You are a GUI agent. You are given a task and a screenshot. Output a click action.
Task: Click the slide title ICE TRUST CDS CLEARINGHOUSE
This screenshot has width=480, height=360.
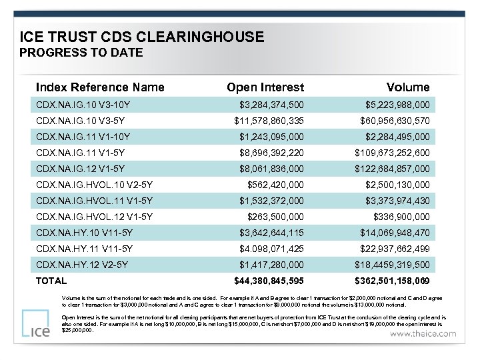(142, 37)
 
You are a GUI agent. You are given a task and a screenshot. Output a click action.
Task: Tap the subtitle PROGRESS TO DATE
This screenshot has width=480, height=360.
(81, 53)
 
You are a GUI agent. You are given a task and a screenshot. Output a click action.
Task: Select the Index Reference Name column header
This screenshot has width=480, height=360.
(100, 87)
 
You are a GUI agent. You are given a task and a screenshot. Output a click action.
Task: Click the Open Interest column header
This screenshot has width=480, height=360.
(265, 87)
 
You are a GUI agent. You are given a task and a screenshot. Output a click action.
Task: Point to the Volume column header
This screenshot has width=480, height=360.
(408, 87)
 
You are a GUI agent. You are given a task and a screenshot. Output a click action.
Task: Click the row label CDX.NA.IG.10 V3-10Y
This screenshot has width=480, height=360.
(83, 105)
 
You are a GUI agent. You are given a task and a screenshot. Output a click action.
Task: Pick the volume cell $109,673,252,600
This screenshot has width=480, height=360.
(393, 153)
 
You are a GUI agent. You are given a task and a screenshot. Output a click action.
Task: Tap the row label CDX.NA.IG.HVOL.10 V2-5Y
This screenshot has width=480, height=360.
(95, 185)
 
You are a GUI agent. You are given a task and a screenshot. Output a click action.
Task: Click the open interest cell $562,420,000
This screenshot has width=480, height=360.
(276, 185)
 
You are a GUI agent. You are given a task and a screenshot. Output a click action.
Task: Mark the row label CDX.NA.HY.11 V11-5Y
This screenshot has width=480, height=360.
(85, 249)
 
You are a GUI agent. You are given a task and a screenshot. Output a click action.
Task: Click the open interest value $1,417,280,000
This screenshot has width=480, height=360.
(272, 265)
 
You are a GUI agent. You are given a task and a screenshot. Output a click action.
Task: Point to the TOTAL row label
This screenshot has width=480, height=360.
(51, 281)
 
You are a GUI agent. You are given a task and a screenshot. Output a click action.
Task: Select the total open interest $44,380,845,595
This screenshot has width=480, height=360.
(269, 281)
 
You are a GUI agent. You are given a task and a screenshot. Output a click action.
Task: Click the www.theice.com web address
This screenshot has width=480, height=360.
(424, 333)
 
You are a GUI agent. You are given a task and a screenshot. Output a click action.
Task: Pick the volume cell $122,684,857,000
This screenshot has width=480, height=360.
(393, 169)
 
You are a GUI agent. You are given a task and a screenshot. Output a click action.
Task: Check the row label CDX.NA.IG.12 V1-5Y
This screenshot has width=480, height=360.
(81, 169)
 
